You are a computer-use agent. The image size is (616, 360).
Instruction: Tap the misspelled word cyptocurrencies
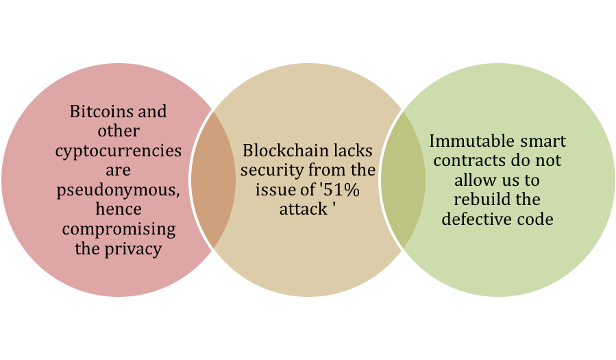pos(119,152)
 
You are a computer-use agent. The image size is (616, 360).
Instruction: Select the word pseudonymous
pos(118,191)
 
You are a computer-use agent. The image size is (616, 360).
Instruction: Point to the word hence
pos(119,208)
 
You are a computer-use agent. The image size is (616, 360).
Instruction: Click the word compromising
pos(119,230)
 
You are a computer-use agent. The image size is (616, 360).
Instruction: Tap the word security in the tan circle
pos(272,171)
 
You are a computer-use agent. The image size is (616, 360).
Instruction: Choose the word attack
pos(304,209)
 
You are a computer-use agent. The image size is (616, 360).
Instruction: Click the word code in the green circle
pos(535,219)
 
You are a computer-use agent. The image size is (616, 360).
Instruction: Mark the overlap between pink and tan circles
pos(213,180)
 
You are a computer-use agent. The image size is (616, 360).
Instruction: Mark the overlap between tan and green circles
pos(403,180)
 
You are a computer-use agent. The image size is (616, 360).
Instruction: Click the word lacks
pos(353,151)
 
